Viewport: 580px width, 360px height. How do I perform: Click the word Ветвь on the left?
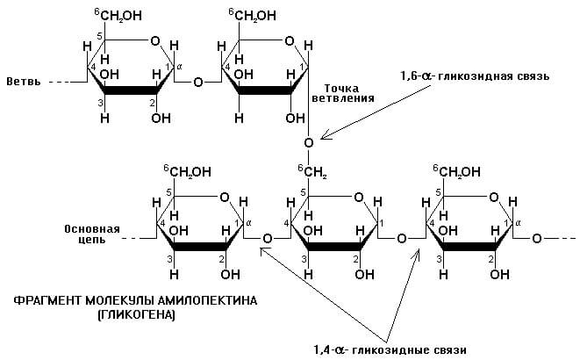coord(24,82)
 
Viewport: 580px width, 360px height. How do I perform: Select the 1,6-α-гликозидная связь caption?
coord(475,76)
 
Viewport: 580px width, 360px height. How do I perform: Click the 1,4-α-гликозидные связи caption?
coord(390,349)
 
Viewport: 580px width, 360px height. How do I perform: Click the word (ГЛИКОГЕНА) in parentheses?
coord(137,315)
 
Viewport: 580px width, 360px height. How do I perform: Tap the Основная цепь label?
coord(92,234)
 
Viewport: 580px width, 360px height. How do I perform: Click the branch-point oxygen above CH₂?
coord(309,142)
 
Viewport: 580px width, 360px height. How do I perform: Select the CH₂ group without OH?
coord(313,172)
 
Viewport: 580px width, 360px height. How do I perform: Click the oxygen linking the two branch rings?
coord(198,82)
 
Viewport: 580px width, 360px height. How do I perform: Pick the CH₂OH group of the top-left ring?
coord(118,15)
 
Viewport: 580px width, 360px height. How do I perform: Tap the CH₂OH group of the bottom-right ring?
coord(456,171)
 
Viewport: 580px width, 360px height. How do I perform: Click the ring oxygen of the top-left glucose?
coord(155,40)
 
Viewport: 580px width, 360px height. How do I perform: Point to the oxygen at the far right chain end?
coord(537,239)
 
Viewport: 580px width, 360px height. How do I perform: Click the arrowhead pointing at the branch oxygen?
coord(326,135)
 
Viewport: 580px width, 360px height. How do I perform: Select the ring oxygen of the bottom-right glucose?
coord(494,198)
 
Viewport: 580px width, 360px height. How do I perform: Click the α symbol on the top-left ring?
coord(179,67)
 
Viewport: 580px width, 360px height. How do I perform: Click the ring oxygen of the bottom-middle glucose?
coord(359,198)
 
